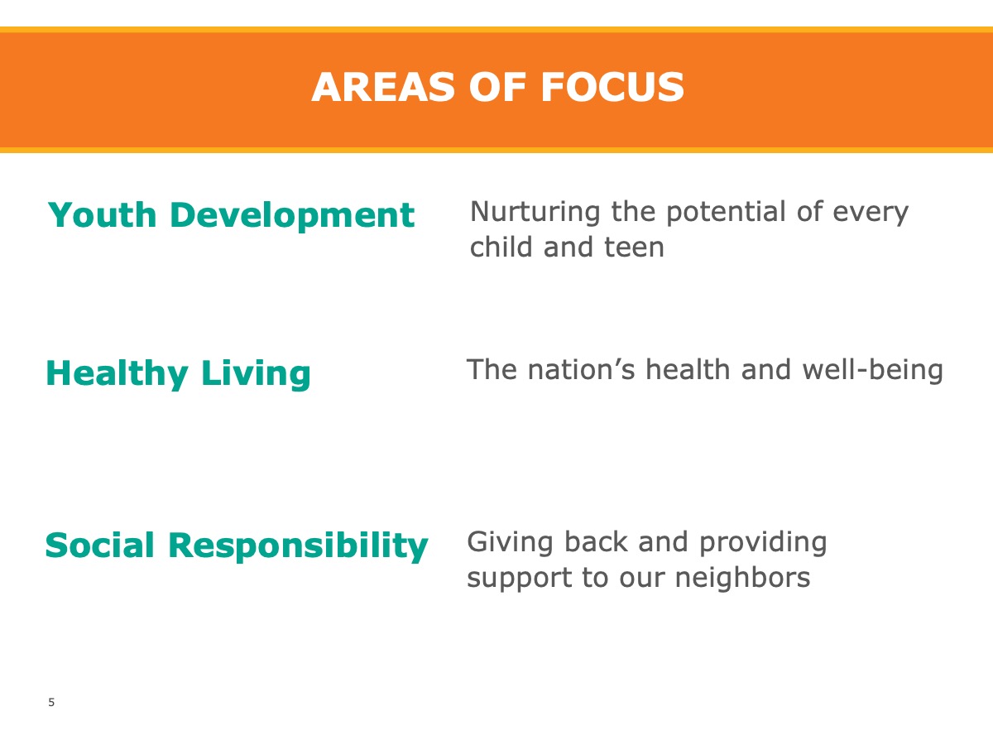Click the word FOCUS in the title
click(x=612, y=87)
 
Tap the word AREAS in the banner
click(x=383, y=87)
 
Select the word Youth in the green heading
click(x=103, y=214)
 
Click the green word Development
click(x=292, y=216)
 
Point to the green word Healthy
click(x=118, y=374)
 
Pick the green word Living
click(x=256, y=374)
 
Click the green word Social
click(x=100, y=545)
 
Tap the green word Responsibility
click(x=298, y=547)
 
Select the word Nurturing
click(x=535, y=212)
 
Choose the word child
click(x=501, y=247)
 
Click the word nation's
click(x=582, y=369)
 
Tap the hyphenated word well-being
click(x=873, y=371)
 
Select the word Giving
click(x=510, y=543)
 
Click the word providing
click(x=763, y=543)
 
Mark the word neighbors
click(x=742, y=578)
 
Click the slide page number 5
click(x=51, y=703)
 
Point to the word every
click(x=871, y=213)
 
